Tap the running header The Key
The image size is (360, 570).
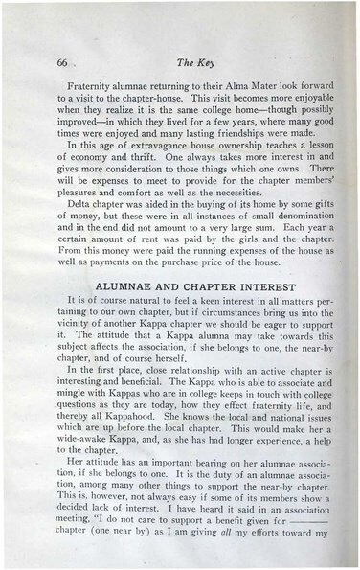192,64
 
